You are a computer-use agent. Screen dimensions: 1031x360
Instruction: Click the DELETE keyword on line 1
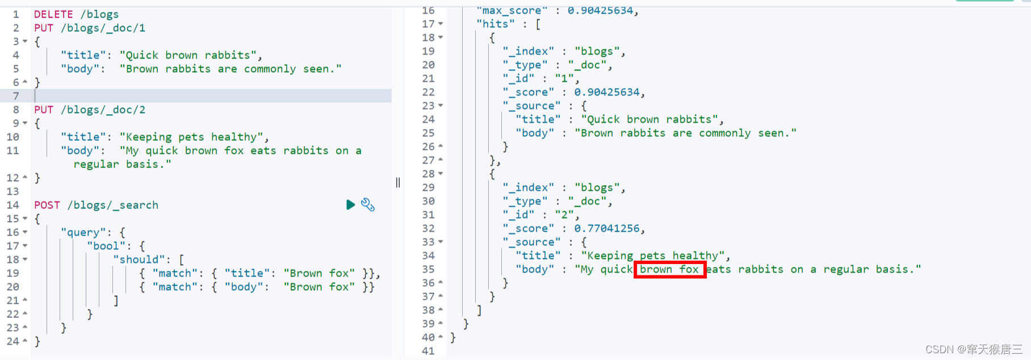coord(53,14)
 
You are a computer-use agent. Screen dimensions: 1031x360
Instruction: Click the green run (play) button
coord(350,204)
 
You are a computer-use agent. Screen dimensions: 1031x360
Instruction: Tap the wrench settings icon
coord(368,204)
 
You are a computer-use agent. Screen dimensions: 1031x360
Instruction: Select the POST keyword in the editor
coord(47,205)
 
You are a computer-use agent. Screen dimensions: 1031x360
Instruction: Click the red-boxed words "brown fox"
coord(669,269)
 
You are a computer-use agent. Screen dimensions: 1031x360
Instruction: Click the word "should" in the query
coord(139,259)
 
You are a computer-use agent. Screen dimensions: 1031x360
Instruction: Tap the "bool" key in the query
coord(106,246)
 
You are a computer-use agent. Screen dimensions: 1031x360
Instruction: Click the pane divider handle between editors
coord(398,182)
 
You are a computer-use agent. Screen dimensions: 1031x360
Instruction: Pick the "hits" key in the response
coord(496,24)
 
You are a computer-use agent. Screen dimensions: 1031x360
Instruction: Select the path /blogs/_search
coord(112,205)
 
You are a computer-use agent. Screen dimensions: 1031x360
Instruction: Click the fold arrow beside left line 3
coord(25,41)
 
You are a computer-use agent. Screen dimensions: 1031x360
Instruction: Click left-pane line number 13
coord(13,191)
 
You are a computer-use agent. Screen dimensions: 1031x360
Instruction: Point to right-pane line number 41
coord(428,351)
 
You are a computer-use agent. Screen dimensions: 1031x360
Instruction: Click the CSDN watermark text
coord(974,349)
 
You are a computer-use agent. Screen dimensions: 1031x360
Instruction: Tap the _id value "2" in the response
coord(564,215)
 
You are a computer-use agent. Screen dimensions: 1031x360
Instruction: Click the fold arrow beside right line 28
coord(441,174)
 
